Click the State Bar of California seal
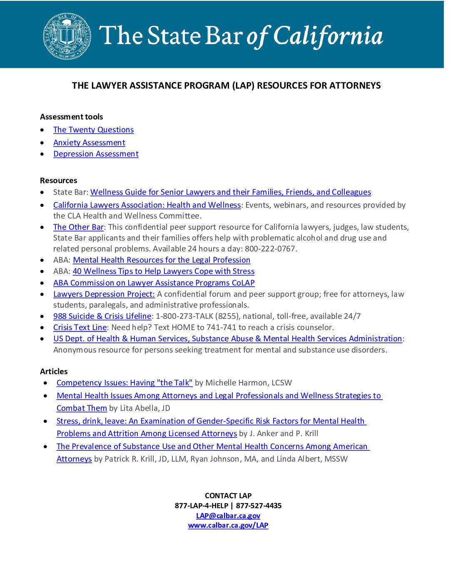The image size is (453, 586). click(67, 36)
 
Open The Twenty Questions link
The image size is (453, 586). click(93, 130)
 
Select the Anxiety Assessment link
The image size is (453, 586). click(89, 143)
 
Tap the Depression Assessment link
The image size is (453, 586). click(96, 154)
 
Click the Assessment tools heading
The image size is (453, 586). click(71, 117)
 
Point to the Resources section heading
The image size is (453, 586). click(58, 181)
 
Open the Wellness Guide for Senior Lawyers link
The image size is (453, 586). click(230, 192)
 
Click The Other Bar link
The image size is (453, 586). click(78, 227)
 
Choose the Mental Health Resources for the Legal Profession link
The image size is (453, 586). click(162, 260)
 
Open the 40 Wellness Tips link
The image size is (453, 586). click(163, 271)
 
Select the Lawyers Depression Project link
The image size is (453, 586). click(104, 294)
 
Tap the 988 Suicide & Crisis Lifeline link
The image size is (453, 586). click(102, 316)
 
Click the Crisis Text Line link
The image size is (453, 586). click(80, 328)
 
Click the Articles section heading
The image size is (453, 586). click(54, 372)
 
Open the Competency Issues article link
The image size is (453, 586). click(124, 383)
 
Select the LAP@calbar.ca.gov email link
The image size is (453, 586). click(228, 516)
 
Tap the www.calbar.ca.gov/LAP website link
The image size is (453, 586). click(228, 526)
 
